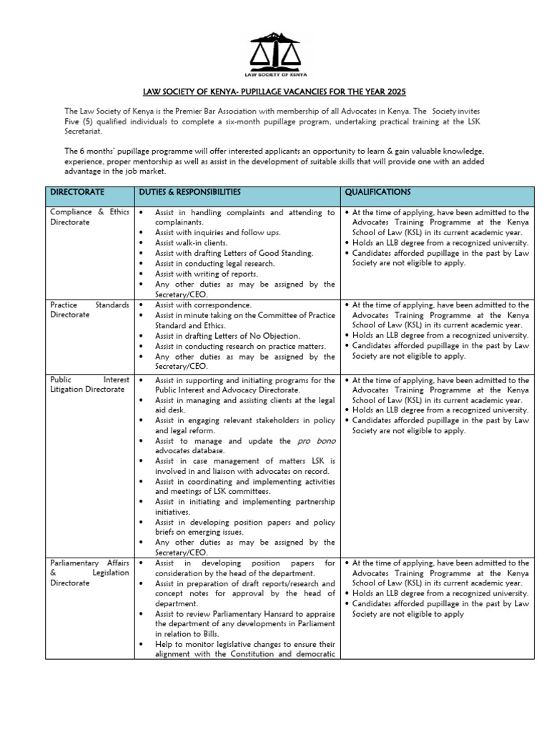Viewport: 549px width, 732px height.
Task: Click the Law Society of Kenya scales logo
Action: (x=275, y=54)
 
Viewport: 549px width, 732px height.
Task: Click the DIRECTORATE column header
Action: (x=76, y=193)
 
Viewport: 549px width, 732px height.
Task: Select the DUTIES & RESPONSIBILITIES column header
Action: (x=188, y=193)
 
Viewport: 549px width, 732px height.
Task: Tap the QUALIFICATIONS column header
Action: (x=377, y=193)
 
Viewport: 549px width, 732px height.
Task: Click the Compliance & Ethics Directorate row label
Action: (x=89, y=217)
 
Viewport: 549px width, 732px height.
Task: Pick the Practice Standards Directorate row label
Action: (x=89, y=310)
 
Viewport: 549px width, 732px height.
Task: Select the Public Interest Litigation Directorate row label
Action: (x=89, y=385)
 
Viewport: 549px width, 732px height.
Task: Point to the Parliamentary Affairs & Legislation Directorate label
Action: (x=89, y=573)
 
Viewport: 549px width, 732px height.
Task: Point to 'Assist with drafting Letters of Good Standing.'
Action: (x=234, y=253)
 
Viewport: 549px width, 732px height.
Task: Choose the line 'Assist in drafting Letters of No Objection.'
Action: (x=227, y=336)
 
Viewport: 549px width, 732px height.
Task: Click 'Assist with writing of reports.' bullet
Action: (x=208, y=274)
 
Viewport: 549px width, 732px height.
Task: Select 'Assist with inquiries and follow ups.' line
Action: (x=219, y=233)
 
